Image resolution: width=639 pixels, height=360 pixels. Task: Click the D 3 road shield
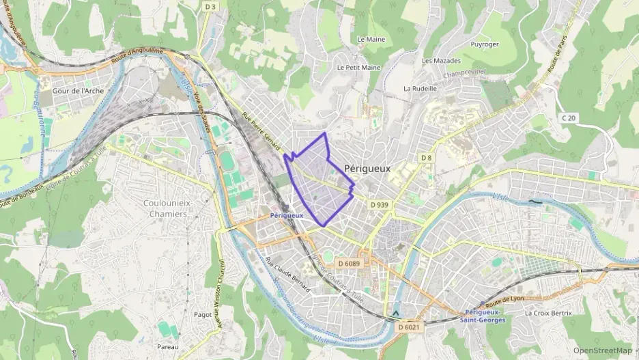(211, 7)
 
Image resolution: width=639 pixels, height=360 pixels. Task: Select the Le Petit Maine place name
(358, 68)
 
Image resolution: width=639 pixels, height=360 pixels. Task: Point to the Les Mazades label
(437, 61)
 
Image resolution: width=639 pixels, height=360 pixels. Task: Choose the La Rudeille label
(420, 88)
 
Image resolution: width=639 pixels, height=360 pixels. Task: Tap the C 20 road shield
(569, 117)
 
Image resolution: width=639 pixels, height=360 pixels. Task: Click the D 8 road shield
(426, 158)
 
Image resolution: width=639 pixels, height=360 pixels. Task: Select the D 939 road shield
(379, 204)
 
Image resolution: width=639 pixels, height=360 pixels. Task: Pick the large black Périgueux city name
(367, 168)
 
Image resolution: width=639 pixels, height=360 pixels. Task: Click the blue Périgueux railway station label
(286, 215)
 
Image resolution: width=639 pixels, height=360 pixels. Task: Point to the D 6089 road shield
(348, 263)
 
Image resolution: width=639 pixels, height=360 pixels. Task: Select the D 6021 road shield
(410, 327)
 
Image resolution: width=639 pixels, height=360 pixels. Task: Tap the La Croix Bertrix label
(548, 313)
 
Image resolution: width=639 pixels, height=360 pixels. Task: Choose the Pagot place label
(203, 315)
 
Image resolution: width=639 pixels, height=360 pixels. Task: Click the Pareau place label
(167, 347)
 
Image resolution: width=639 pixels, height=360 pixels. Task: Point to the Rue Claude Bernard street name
(287, 275)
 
